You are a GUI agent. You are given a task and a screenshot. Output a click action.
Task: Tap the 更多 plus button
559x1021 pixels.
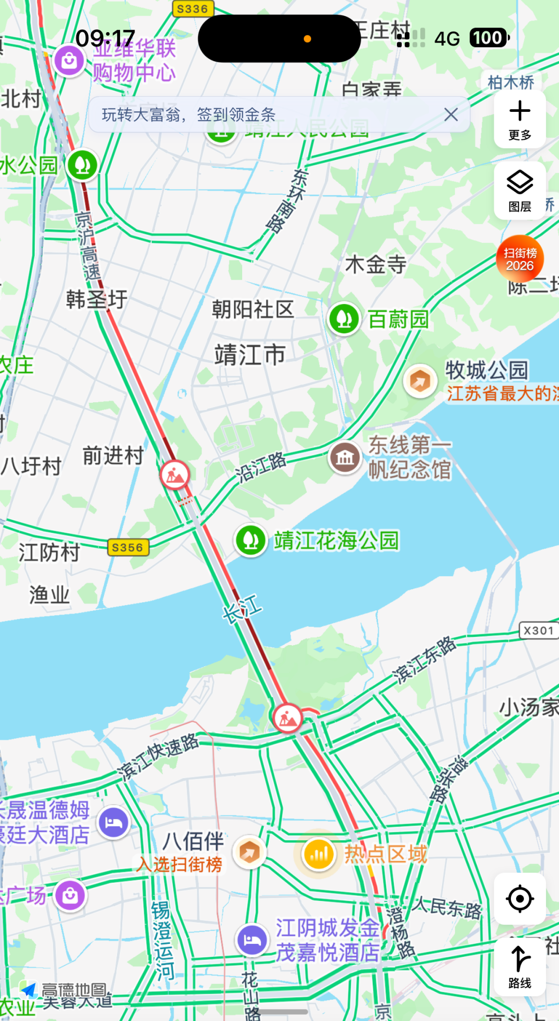tap(520, 119)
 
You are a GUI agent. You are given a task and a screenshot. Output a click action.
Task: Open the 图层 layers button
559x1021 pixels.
tap(520, 190)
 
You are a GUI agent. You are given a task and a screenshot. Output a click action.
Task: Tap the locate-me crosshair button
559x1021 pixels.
tap(520, 899)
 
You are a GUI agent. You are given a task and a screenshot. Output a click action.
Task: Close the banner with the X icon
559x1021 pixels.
tap(451, 114)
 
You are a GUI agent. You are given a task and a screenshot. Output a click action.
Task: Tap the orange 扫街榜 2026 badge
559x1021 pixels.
tap(520, 259)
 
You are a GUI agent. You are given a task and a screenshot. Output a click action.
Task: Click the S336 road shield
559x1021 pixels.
tap(192, 9)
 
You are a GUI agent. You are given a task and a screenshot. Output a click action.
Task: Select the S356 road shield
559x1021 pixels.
tap(127, 547)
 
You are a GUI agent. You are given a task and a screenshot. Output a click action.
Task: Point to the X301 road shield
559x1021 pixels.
tap(538, 631)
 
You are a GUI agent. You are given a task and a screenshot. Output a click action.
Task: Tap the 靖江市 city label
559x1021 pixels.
tap(250, 355)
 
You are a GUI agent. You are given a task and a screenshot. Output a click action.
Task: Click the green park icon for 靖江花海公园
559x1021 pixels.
tap(251, 540)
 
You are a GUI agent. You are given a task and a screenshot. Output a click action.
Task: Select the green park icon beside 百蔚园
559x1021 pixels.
tap(344, 318)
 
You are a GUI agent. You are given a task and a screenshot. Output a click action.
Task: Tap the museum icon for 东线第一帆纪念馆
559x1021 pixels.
tap(345, 457)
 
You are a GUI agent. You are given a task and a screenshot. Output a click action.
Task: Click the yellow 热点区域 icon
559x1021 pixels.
tap(318, 854)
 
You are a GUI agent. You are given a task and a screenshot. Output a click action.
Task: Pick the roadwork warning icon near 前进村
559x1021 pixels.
tap(175, 474)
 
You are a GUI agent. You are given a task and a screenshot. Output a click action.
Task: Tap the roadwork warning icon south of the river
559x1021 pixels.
tap(288, 718)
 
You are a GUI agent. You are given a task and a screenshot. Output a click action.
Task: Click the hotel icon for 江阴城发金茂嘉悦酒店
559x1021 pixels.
tap(252, 940)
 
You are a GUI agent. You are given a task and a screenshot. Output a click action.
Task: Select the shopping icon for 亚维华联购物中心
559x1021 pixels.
tap(70, 61)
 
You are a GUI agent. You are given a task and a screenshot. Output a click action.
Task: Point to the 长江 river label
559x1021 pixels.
tap(242, 608)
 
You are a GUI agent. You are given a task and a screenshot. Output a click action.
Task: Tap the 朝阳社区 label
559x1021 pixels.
tap(253, 310)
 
